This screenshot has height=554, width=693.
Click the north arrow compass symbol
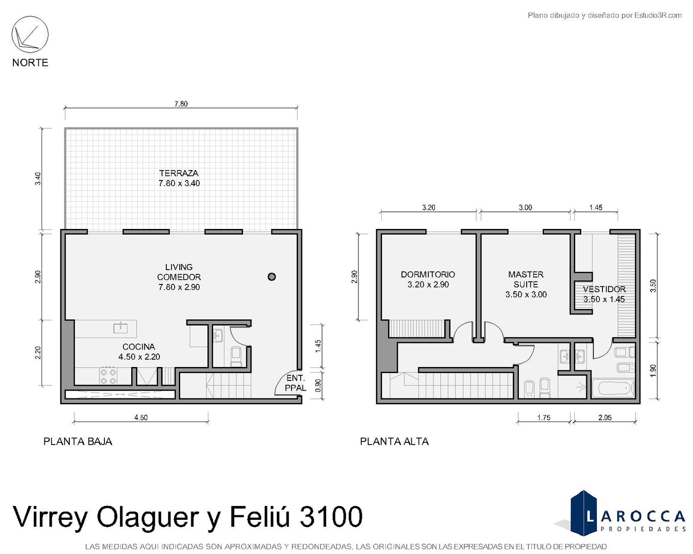(x=30, y=35)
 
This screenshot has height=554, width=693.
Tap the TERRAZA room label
(x=179, y=173)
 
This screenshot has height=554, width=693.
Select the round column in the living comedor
(x=272, y=277)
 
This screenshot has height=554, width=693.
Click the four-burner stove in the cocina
(x=108, y=376)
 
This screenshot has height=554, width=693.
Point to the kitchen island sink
(x=121, y=328)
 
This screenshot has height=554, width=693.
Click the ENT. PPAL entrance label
(x=296, y=383)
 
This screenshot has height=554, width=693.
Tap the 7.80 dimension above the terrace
(x=181, y=104)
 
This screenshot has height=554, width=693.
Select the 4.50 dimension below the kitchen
(x=141, y=418)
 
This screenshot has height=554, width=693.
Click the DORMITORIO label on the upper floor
(x=428, y=275)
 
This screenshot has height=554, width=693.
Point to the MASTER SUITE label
(x=526, y=279)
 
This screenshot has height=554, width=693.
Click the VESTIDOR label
(x=604, y=289)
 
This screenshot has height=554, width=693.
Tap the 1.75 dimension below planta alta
(x=544, y=418)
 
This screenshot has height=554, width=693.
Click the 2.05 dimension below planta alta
(x=605, y=418)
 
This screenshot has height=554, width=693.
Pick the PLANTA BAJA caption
(x=78, y=441)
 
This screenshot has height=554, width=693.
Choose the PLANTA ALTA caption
(x=394, y=441)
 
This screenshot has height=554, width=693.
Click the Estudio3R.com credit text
(x=658, y=15)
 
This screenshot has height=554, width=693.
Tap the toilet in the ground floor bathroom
(x=236, y=357)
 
